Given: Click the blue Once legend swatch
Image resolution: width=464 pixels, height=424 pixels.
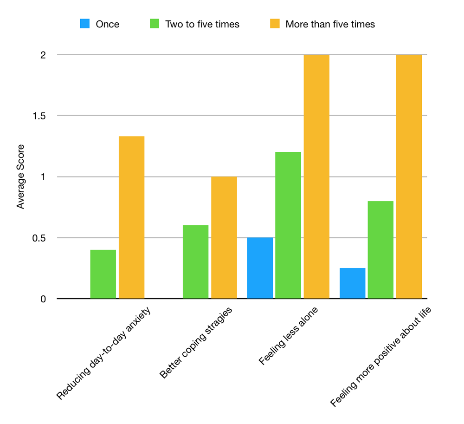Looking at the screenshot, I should coord(85,24).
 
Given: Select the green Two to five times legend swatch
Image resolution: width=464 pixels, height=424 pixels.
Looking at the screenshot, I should coord(155,24).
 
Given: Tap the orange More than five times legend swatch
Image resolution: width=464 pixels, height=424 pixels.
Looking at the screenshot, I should coord(275,24).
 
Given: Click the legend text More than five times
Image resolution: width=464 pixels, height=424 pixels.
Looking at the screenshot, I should coord(330,24).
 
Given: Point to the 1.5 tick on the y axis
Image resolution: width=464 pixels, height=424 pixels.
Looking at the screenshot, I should coord(40,116).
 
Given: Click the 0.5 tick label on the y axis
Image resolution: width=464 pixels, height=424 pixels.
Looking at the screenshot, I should coord(40,238).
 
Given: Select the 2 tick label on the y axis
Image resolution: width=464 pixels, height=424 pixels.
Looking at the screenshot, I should coord(43,55).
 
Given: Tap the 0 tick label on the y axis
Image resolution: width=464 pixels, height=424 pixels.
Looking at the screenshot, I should coord(43,299).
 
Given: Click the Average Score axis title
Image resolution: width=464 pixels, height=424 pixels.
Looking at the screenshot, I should coord(21,176).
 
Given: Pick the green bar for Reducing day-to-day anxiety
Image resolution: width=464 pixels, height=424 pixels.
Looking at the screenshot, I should coord(103,274).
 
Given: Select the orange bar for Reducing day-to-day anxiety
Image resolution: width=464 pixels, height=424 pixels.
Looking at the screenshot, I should coord(131,217).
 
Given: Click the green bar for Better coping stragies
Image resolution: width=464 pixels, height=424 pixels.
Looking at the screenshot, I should coord(195,262).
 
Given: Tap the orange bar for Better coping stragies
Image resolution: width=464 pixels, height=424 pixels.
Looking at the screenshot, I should coord(224,237).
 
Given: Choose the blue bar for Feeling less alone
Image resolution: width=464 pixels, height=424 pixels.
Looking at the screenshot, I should coord(260,268).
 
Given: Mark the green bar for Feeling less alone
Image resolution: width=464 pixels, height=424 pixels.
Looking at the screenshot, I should coord(288,225).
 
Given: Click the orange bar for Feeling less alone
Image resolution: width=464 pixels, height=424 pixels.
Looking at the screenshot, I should coord(316,176).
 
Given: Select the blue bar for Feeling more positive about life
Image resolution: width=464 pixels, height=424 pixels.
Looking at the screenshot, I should coord(352,283).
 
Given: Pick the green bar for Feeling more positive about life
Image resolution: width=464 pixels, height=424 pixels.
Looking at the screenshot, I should coord(380,250).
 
